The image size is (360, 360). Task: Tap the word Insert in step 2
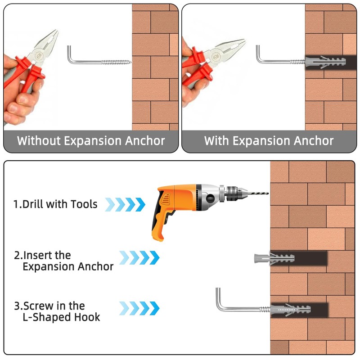(40, 255)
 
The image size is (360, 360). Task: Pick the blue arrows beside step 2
(139, 257)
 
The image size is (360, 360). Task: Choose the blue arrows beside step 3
(139, 308)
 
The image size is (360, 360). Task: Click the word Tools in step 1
(84, 204)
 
